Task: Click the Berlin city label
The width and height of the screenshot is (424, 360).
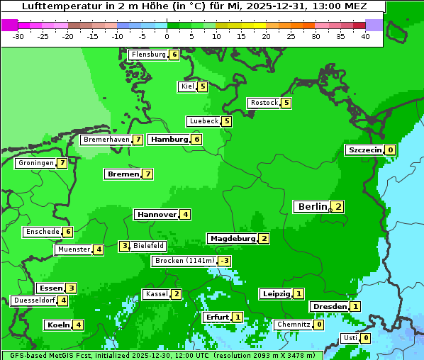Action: click(x=312, y=207)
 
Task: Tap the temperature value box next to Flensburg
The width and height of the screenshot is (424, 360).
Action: click(x=174, y=55)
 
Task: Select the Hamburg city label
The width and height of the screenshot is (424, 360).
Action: click(x=169, y=140)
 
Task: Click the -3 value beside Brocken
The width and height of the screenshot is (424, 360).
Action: click(x=224, y=261)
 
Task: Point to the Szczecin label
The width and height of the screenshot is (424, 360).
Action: click(x=364, y=150)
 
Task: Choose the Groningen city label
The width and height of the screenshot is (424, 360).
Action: click(x=35, y=163)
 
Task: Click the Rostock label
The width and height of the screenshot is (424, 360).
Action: click(x=264, y=103)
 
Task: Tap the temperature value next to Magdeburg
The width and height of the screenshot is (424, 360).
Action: click(x=264, y=238)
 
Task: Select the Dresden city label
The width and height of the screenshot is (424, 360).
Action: click(x=330, y=306)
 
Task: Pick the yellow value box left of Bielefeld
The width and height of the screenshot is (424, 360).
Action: click(x=124, y=246)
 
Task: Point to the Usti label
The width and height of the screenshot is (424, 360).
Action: click(x=350, y=338)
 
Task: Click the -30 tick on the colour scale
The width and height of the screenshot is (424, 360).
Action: click(x=18, y=36)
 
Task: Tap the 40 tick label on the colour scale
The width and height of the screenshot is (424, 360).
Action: click(x=365, y=36)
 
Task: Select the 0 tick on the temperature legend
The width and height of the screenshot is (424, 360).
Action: click(x=167, y=36)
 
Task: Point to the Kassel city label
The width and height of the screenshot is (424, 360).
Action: click(x=156, y=294)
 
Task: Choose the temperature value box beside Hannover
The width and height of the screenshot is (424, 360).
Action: click(x=185, y=214)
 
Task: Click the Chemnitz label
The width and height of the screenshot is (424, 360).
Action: click(x=293, y=325)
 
